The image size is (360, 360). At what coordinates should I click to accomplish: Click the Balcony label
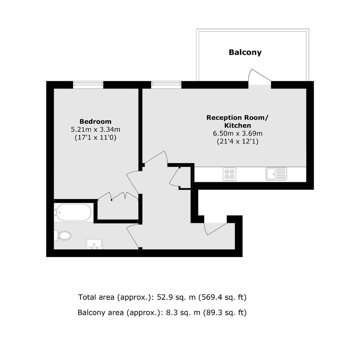[245, 52]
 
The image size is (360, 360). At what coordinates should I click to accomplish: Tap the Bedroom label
[95, 121]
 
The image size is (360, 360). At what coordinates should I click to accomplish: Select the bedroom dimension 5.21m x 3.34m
[95, 129]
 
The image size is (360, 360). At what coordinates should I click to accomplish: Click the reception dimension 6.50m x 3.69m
[237, 133]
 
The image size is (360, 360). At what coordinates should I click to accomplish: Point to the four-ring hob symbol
[229, 174]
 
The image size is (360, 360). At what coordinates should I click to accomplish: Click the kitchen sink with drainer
[277, 174]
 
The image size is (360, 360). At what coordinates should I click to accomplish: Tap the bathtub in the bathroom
[74, 213]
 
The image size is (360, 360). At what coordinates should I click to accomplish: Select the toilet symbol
[63, 236]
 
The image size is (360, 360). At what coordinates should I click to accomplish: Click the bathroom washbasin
[94, 244]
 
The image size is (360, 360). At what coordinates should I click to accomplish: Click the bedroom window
[88, 85]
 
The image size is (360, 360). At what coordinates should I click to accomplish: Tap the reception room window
[166, 85]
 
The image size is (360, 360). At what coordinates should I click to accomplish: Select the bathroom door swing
[133, 236]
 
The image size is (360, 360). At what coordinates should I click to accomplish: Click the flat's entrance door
[215, 229]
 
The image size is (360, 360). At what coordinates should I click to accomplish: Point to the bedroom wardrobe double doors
[118, 196]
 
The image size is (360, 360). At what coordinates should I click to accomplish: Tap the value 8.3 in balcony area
[170, 313]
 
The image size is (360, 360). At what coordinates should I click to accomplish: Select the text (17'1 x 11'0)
[95, 137]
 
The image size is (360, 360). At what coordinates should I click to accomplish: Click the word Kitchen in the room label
[237, 126]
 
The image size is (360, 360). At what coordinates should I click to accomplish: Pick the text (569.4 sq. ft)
[222, 297]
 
